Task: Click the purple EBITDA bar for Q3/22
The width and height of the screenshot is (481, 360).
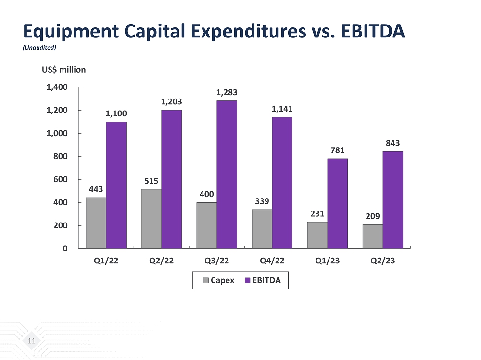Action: pyautogui.click(x=227, y=174)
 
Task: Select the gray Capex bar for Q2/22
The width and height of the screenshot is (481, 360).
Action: pyautogui.click(x=151, y=219)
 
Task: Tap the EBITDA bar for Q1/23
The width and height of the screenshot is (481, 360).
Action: pyautogui.click(x=337, y=203)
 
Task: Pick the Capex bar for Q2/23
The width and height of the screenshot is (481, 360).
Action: pyautogui.click(x=372, y=236)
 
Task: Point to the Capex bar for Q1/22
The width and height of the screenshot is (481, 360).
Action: pyautogui.click(x=96, y=223)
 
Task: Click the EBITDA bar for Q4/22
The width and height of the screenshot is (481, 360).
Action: pyautogui.click(x=282, y=182)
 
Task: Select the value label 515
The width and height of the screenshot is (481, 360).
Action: pyautogui.click(x=151, y=181)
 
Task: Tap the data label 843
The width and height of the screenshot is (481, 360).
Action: pyautogui.click(x=392, y=143)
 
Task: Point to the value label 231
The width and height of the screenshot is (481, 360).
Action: pyautogui.click(x=317, y=213)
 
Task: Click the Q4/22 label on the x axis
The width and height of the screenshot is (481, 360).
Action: pyautogui.click(x=273, y=261)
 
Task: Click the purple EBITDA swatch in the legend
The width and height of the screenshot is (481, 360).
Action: pyautogui.click(x=248, y=280)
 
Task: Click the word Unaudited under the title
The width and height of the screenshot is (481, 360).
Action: pyautogui.click(x=40, y=48)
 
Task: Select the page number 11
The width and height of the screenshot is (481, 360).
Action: pyautogui.click(x=32, y=341)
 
